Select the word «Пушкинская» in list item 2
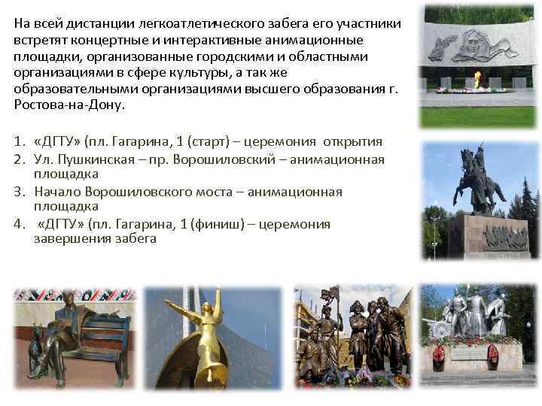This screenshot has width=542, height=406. click(85, 159)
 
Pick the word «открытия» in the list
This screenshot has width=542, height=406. click(352, 141)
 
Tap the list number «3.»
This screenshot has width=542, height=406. click(20, 191)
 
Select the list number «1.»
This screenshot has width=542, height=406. click(20, 141)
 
